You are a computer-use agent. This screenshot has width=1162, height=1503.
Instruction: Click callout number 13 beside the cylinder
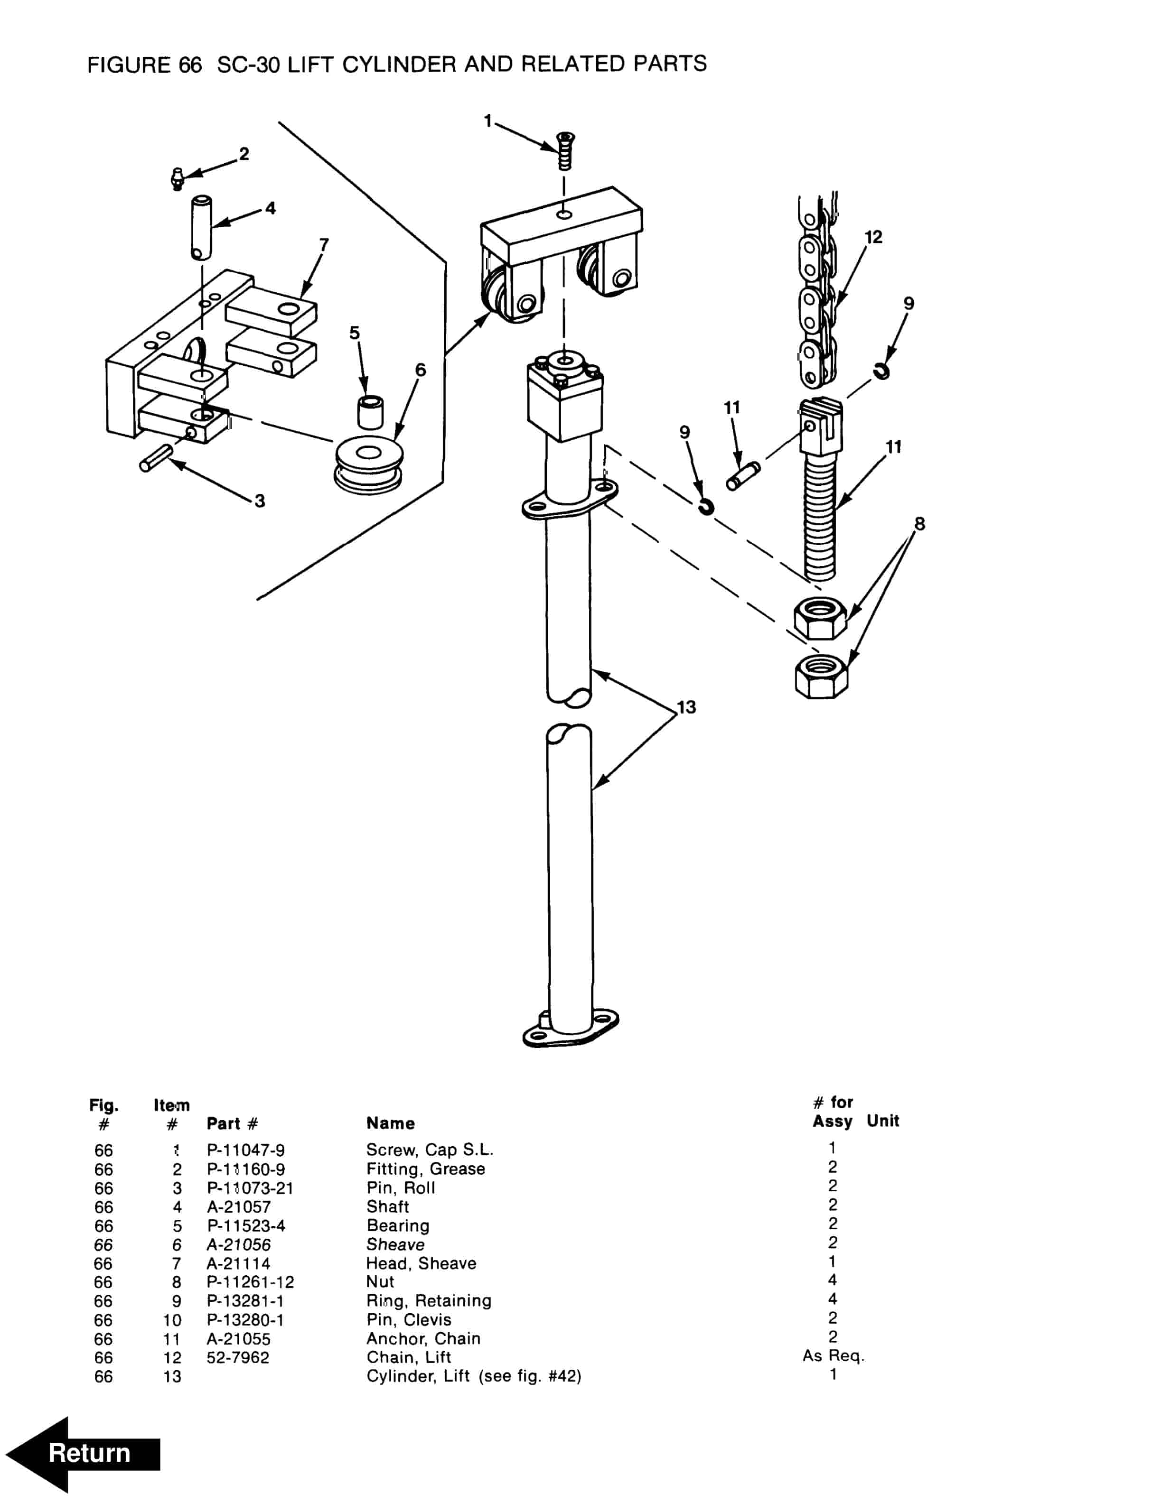pyautogui.click(x=686, y=707)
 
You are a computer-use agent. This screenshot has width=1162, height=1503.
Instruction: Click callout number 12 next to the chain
pyautogui.click(x=873, y=237)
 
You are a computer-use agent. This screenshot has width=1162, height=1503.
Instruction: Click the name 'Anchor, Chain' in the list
pyautogui.click(x=423, y=1338)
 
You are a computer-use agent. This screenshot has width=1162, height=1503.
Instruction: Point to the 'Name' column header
pyautogui.click(x=390, y=1123)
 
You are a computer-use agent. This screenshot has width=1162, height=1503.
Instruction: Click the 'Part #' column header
pyautogui.click(x=232, y=1123)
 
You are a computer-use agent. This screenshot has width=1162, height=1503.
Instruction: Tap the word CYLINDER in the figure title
pyautogui.click(x=399, y=64)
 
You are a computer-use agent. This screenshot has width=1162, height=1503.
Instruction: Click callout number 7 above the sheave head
pyautogui.click(x=324, y=245)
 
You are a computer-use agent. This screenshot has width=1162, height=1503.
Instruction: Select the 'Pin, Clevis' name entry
pyautogui.click(x=409, y=1320)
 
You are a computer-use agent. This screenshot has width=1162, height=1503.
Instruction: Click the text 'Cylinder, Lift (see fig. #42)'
pyautogui.click(x=474, y=1376)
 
